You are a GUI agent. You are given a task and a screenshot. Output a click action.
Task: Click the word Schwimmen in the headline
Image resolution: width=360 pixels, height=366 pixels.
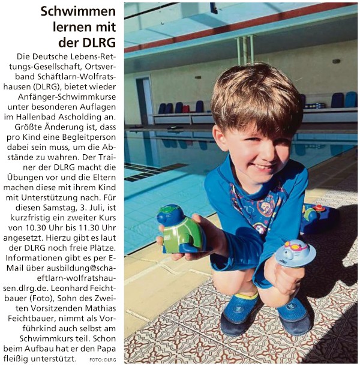click(x=79, y=11)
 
